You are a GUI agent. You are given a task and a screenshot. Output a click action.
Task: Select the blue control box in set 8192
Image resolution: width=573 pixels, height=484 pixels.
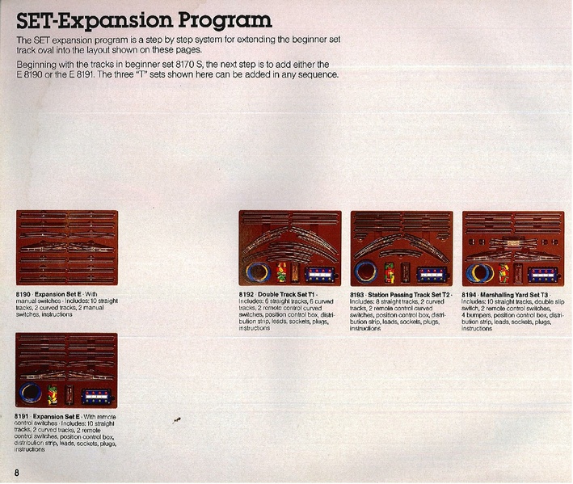click(318, 272)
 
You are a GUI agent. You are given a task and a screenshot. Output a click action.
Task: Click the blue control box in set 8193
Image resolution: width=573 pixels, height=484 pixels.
click(429, 272)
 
